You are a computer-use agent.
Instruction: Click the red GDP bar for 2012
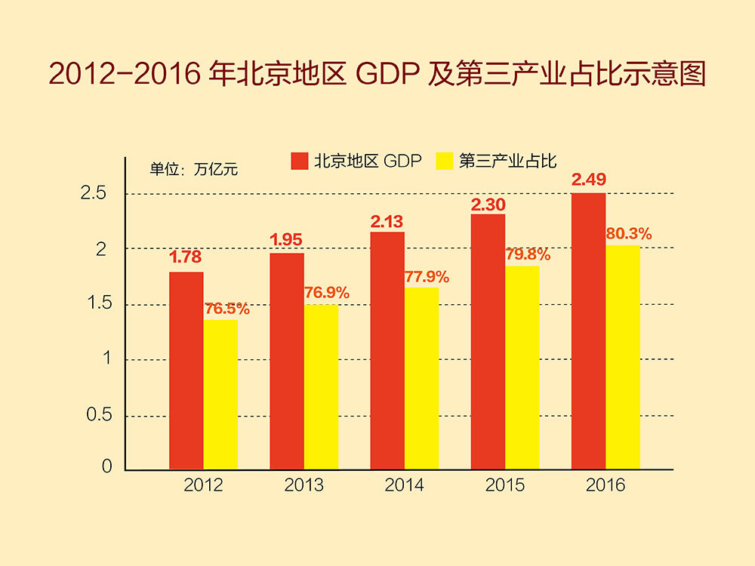click(186, 371)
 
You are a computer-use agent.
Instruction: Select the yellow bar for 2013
click(321, 387)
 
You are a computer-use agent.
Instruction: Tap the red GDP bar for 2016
click(588, 331)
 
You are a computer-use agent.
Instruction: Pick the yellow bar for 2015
click(522, 368)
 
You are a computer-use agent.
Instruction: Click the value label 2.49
click(589, 180)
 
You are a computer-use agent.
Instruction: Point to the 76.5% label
click(227, 309)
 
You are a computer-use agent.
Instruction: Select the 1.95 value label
click(286, 240)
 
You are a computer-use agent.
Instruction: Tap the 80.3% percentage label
click(629, 233)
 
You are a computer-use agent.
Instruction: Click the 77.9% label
click(427, 277)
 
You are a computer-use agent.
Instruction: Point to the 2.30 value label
click(488, 204)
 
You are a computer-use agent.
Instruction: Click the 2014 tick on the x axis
click(404, 484)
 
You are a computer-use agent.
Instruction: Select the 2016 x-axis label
click(606, 484)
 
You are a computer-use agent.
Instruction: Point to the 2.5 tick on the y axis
click(96, 194)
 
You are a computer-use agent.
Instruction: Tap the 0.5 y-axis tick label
click(96, 415)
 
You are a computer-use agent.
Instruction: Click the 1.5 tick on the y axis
click(96, 304)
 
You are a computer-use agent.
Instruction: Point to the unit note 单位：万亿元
click(194, 169)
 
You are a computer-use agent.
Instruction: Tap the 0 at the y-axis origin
click(106, 467)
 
